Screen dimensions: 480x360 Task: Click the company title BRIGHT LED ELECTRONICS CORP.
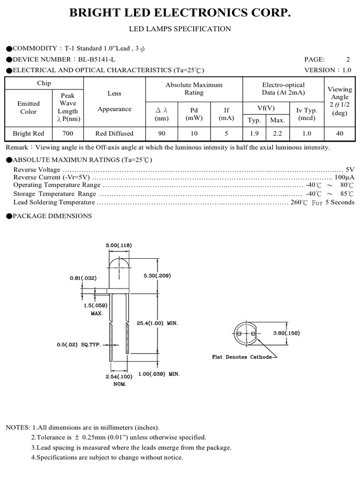(180, 13)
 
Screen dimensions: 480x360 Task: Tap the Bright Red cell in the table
(29, 134)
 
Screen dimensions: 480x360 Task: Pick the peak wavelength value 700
(67, 134)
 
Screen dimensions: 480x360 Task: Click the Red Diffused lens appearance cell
(114, 134)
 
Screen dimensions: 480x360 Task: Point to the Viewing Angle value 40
(339, 134)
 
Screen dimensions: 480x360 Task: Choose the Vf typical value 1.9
(254, 134)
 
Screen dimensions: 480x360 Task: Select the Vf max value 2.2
(277, 134)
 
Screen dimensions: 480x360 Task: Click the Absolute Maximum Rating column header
(194, 89)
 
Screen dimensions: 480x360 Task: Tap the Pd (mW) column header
(194, 114)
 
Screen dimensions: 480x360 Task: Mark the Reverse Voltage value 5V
(350, 169)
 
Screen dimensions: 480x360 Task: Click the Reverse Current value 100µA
(345, 178)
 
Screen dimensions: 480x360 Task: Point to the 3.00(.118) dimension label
(119, 245)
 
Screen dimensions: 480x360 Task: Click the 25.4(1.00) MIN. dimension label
(157, 323)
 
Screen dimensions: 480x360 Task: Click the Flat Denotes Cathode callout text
(242, 357)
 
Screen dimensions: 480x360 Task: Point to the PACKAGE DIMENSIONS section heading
(52, 216)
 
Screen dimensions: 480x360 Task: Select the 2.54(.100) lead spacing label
(120, 376)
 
